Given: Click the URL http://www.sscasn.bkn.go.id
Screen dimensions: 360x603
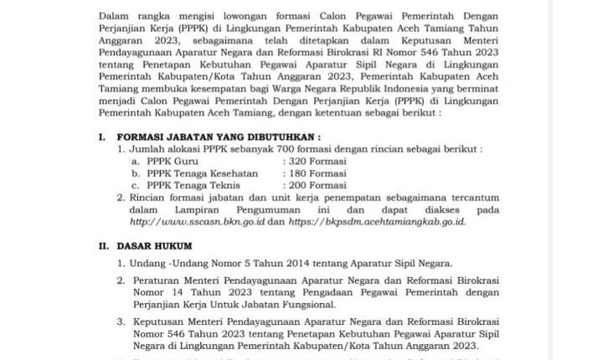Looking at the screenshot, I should tap(198, 223).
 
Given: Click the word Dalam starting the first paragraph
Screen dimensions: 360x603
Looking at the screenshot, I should tap(113, 16).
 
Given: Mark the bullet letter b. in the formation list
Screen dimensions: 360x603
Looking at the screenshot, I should tap(135, 172).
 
